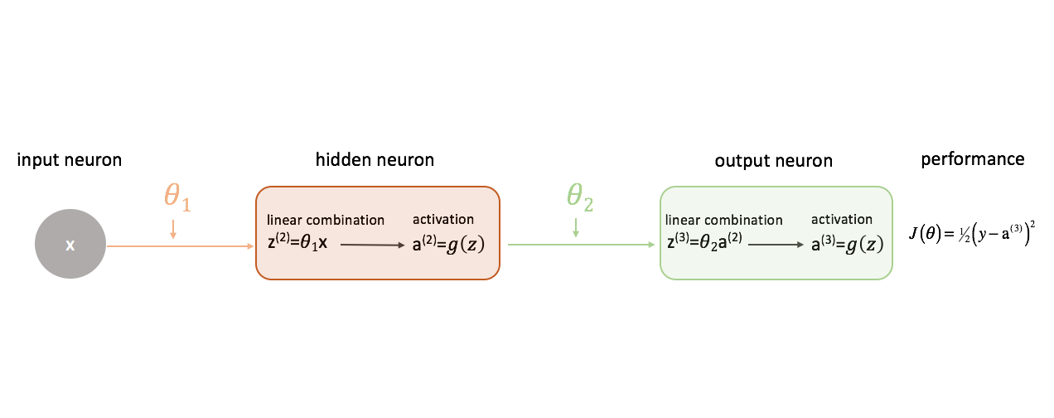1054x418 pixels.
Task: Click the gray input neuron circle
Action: point(70,245)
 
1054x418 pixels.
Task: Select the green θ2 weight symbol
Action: point(580,197)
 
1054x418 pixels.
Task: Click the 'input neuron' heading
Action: point(70,160)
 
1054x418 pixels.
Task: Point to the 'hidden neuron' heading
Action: point(375,159)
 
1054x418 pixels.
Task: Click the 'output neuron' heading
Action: point(773,161)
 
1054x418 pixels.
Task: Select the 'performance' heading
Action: point(973,158)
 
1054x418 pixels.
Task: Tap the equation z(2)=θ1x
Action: point(297,245)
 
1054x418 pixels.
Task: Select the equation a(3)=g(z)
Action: point(847,245)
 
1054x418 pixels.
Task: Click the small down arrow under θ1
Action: point(172,229)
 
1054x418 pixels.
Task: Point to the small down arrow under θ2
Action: point(575,229)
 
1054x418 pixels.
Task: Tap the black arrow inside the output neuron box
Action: point(776,245)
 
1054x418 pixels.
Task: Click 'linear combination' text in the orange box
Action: point(326,220)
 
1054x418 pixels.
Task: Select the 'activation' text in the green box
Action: point(841,220)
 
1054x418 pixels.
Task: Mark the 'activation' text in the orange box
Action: point(443,219)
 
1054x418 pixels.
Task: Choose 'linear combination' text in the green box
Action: point(724,220)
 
